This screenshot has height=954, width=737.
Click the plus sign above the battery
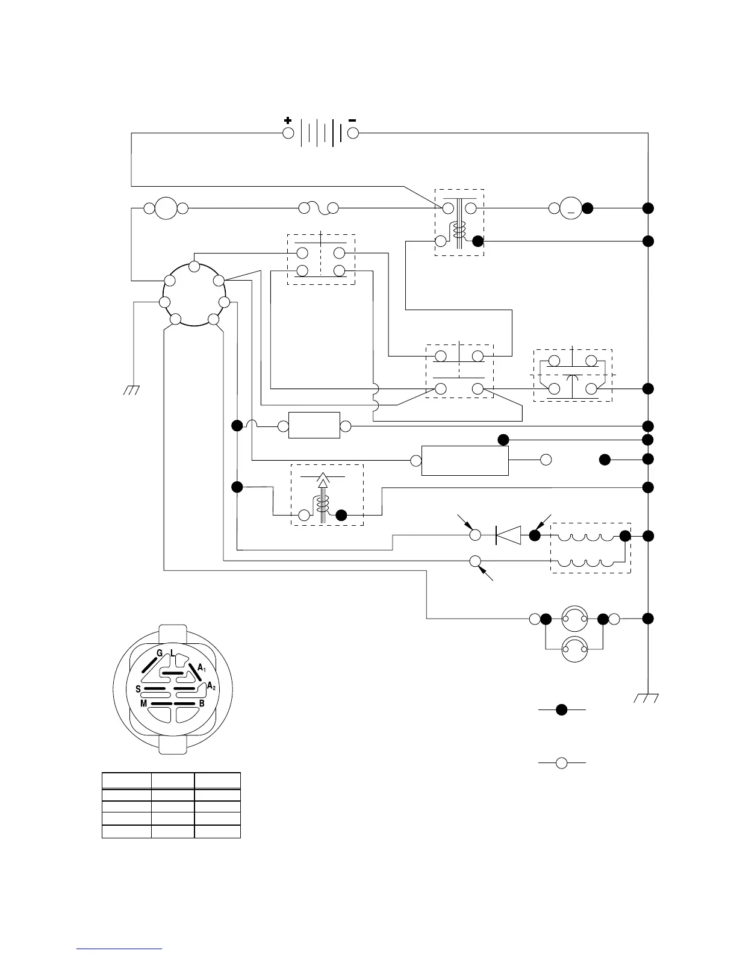pyautogui.click(x=288, y=120)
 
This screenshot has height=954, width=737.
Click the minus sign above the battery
pyautogui.click(x=352, y=120)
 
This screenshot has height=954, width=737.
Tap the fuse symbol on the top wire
pyautogui.click(x=319, y=208)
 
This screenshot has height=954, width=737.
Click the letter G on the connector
pyautogui.click(x=160, y=653)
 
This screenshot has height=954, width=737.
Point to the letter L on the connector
pyautogui.click(x=172, y=653)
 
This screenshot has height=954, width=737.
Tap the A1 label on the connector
pyautogui.click(x=202, y=667)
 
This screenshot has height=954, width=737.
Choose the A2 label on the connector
pyautogui.click(x=211, y=686)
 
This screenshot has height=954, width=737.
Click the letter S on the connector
pyautogui.click(x=138, y=689)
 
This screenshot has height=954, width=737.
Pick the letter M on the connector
pyautogui.click(x=143, y=703)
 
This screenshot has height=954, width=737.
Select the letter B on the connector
pyautogui.click(x=202, y=703)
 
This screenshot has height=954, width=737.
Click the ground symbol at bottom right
pyautogui.click(x=647, y=698)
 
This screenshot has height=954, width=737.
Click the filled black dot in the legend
pyautogui.click(x=561, y=709)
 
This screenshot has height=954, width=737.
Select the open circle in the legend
pyautogui.click(x=561, y=763)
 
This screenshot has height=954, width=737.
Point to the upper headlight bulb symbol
pyautogui.click(x=574, y=618)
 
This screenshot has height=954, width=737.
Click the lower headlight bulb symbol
pyautogui.click(x=574, y=649)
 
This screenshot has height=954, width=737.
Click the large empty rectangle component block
pyautogui.click(x=465, y=461)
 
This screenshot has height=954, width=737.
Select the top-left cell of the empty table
pyautogui.click(x=126, y=781)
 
